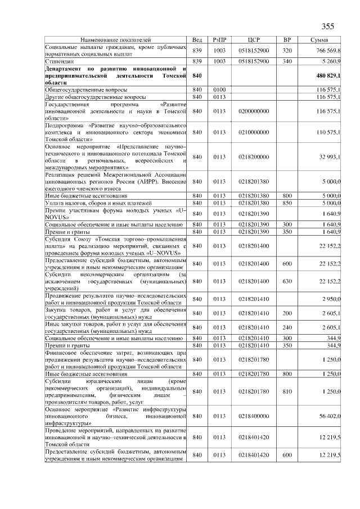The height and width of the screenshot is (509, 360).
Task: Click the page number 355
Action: (x=327, y=27)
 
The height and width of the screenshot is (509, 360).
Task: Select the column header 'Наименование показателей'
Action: (x=116, y=40)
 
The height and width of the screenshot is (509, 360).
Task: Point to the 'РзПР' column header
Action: (x=219, y=40)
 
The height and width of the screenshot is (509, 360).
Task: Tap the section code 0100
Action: (x=219, y=89)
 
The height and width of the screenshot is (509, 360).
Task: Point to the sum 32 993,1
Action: (x=328, y=156)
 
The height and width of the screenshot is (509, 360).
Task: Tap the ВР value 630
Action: (x=287, y=281)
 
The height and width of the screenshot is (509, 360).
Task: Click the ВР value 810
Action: (x=287, y=391)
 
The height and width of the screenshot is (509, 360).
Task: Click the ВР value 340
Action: (x=287, y=61)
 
